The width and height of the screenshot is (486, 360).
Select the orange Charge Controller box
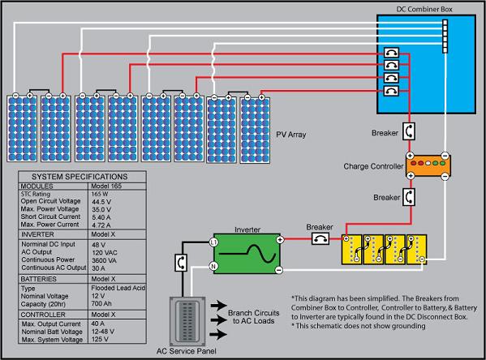coord(428,165)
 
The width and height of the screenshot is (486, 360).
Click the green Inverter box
coord(245,253)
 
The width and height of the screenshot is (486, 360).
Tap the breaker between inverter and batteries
coord(321,238)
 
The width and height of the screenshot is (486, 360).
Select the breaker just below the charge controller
coord(411,197)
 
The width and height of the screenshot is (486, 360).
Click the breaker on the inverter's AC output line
coord(181,264)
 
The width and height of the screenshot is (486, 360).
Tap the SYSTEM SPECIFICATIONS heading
coord(79,176)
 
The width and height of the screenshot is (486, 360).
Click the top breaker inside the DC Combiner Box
coord(392,54)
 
